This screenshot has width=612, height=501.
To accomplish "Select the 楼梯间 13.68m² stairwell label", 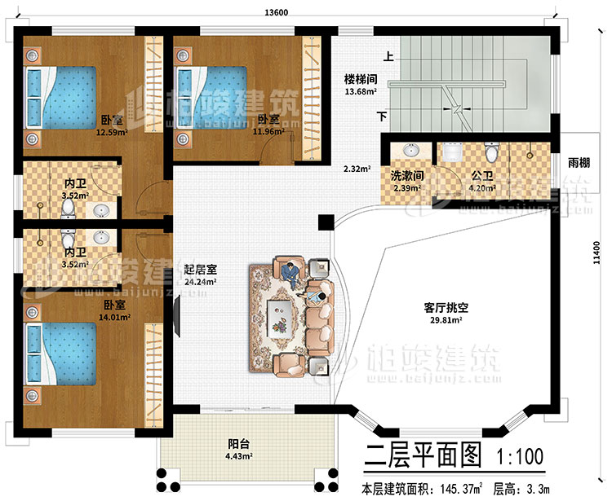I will tap(360, 85).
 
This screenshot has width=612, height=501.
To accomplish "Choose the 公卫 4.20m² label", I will tap(480, 181).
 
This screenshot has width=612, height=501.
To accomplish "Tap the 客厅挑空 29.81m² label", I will tap(445, 314).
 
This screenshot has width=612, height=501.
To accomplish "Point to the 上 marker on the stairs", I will tap(389, 58).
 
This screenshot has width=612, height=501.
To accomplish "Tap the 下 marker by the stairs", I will tap(381, 116).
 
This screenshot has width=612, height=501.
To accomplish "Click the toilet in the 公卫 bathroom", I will tap(490, 152).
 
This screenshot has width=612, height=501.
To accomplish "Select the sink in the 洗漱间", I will tap(410, 152).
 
